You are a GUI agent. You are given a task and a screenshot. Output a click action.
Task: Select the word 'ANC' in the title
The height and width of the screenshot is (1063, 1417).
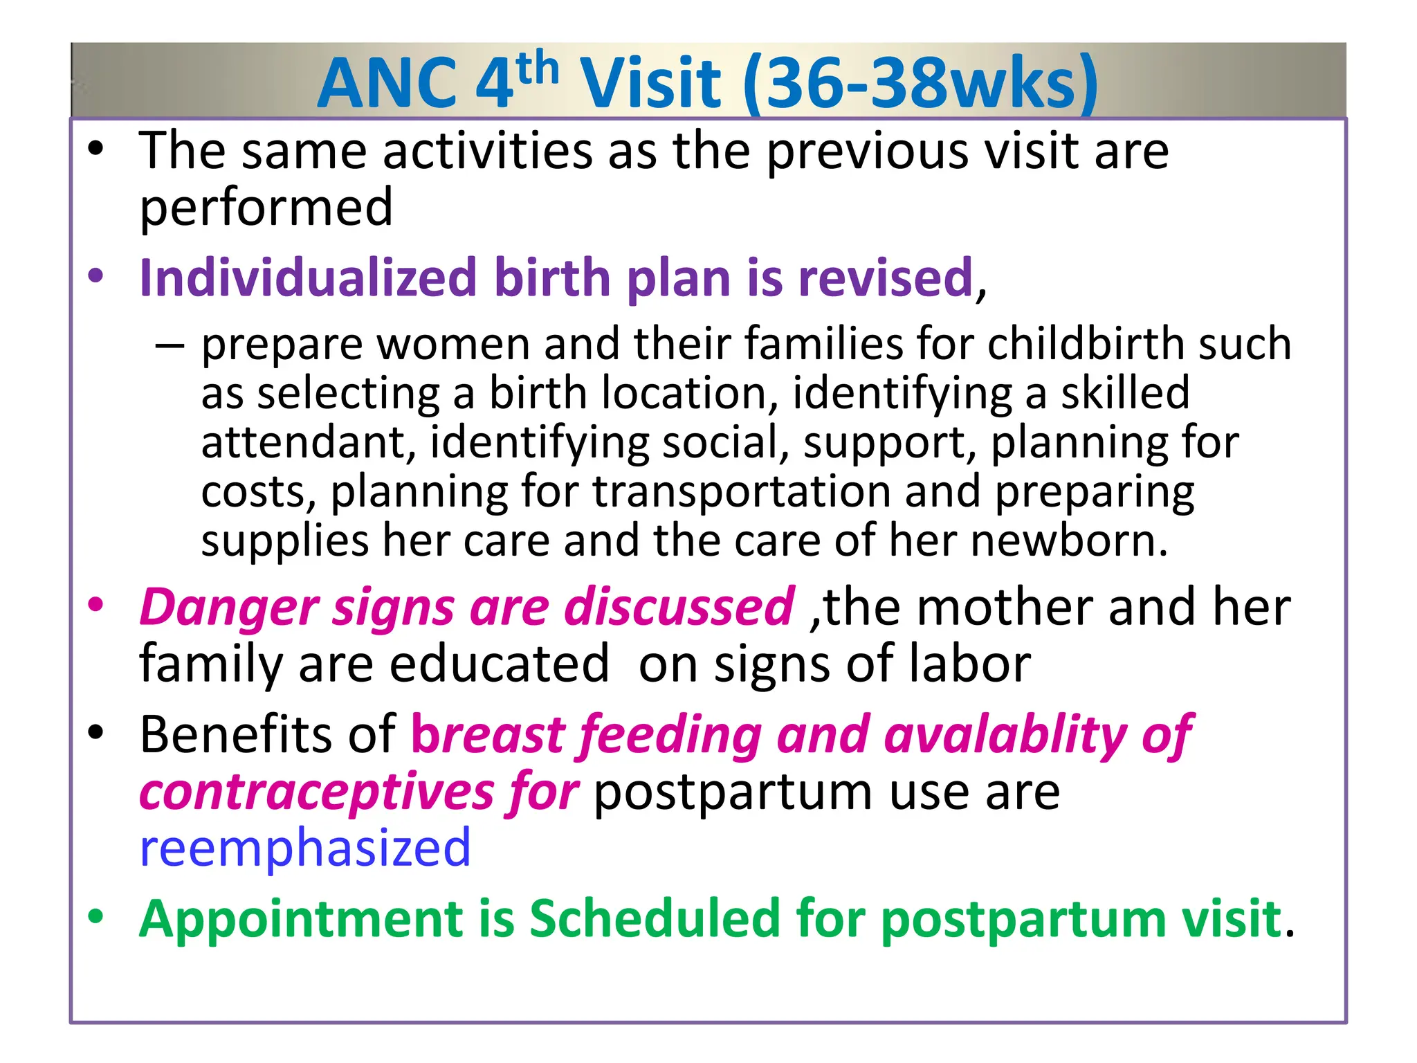tap(387, 83)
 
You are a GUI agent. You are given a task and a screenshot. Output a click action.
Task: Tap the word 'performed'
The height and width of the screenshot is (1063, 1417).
tap(266, 208)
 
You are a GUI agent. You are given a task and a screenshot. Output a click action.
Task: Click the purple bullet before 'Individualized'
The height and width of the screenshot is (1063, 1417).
tap(95, 276)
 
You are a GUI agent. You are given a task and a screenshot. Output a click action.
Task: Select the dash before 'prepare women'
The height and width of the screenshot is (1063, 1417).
tap(170, 345)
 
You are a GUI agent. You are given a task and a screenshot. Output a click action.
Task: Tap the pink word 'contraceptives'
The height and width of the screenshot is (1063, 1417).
tap(317, 792)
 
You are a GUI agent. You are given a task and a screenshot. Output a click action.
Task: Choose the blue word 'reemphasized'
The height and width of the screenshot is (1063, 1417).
tap(305, 848)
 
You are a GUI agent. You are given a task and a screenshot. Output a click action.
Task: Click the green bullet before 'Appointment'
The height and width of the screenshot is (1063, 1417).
tap(95, 917)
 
